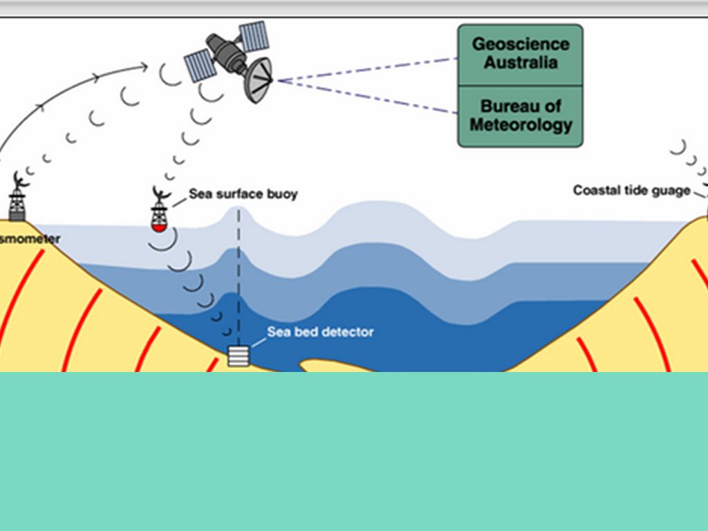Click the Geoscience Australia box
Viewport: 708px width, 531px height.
pos(520,54)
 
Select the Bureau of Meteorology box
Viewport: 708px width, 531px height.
pos(520,116)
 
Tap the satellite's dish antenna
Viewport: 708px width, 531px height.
pos(259,80)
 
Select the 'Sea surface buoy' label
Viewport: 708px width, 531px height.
pos(243,194)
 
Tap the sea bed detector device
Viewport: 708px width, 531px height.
pos(239,355)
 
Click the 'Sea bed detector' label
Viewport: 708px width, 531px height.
pos(320,332)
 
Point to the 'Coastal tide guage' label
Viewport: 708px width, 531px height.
pos(631,190)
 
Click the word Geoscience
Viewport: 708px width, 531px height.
pos(521,44)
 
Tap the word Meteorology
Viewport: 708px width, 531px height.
pos(521,125)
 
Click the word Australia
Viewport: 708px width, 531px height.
pos(521,62)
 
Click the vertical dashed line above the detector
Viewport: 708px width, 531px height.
pos(239,277)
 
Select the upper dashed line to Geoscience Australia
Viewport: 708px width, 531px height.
pos(366,70)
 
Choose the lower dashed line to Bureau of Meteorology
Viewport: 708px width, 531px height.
pos(366,95)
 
